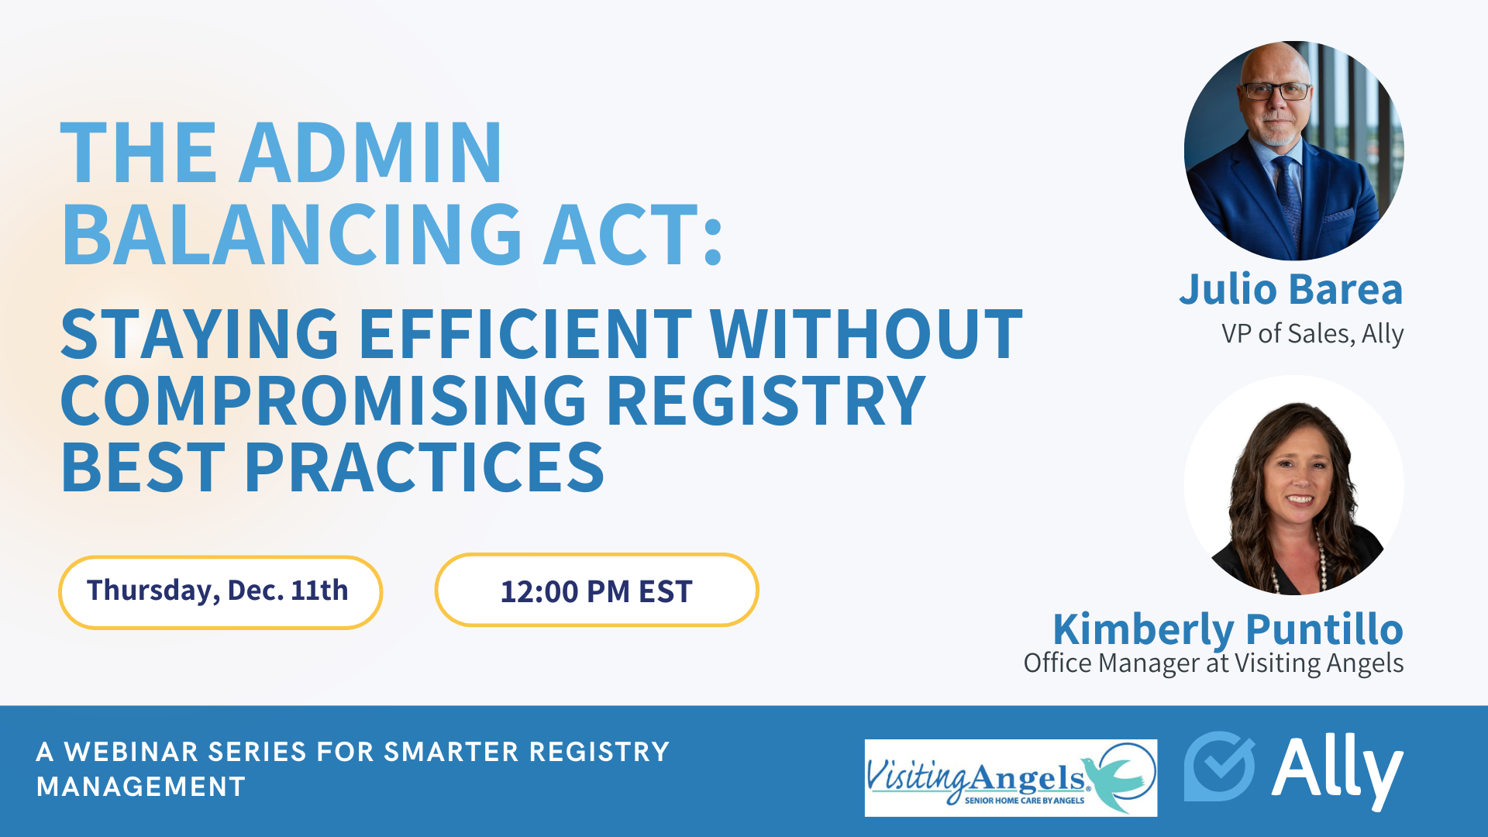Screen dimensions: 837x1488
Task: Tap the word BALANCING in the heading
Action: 291,235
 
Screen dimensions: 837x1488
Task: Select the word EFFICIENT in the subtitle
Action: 525,335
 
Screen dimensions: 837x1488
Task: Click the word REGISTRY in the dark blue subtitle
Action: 766,401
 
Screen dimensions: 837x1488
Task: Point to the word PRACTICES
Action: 424,469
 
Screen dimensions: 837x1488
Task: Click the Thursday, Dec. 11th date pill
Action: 220,591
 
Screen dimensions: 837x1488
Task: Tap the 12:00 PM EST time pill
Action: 596,591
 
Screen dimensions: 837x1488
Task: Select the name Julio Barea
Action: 1290,290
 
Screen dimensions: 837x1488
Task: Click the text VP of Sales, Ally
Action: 1312,334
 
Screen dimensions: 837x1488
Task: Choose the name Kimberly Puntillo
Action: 1228,629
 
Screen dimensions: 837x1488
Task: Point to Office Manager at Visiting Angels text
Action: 1213,663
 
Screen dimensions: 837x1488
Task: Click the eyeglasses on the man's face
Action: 1276,91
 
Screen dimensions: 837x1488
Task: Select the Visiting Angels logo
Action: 1011,777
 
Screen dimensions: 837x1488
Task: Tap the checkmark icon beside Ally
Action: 1219,766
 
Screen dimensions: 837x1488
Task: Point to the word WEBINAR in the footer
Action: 132,752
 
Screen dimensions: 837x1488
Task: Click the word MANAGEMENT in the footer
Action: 141,787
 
